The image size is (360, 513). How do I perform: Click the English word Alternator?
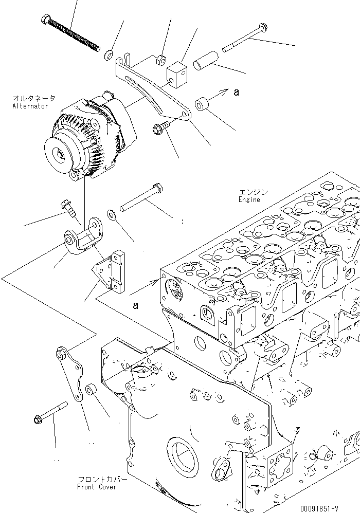click(30, 106)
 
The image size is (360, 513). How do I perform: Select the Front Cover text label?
click(97, 487)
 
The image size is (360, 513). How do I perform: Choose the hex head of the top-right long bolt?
click(263, 26)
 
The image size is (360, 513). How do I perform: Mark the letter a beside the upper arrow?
click(236, 93)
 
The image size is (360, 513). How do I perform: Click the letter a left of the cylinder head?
click(135, 305)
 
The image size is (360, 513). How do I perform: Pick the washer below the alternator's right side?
click(111, 213)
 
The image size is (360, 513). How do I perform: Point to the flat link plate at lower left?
click(71, 379)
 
